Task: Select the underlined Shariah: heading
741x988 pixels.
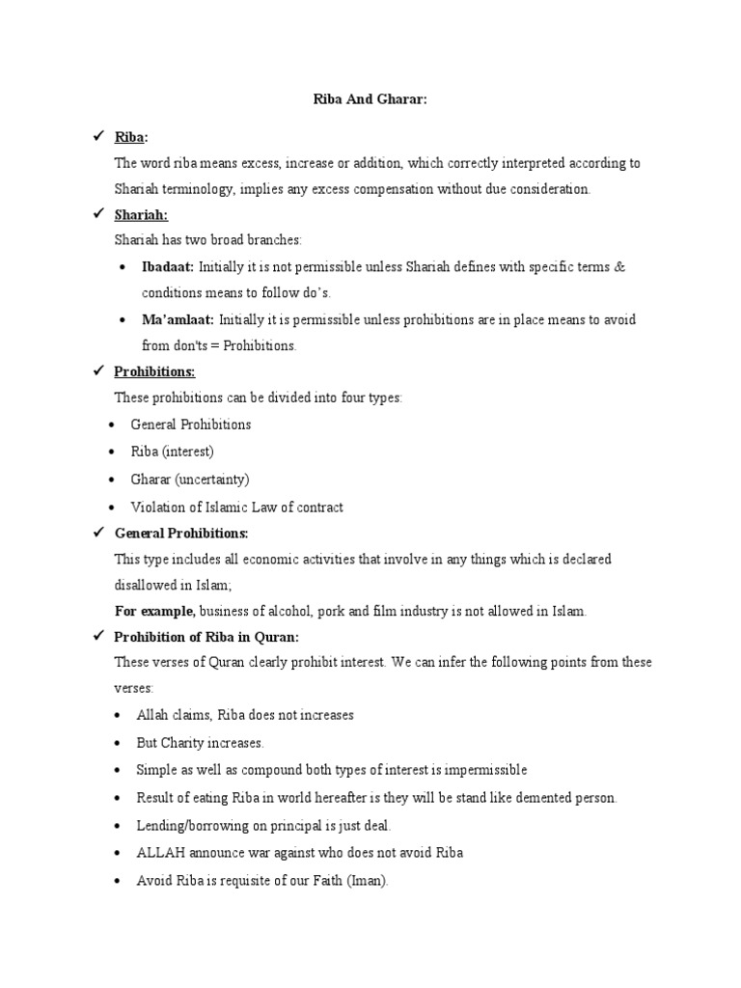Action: pyautogui.click(x=141, y=215)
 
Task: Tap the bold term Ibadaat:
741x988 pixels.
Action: pyautogui.click(x=168, y=266)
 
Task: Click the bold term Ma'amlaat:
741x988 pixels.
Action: pyautogui.click(x=178, y=319)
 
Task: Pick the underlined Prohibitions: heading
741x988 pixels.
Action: pyautogui.click(x=154, y=371)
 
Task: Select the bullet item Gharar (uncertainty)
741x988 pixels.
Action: pyautogui.click(x=190, y=479)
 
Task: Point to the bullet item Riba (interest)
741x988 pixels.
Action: pyautogui.click(x=173, y=452)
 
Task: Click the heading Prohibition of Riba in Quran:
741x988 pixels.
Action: pyautogui.click(x=206, y=637)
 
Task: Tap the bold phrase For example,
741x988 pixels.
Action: pyautogui.click(x=154, y=611)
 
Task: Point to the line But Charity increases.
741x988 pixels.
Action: pyautogui.click(x=200, y=743)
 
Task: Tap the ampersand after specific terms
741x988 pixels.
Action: pyautogui.click(x=619, y=266)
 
